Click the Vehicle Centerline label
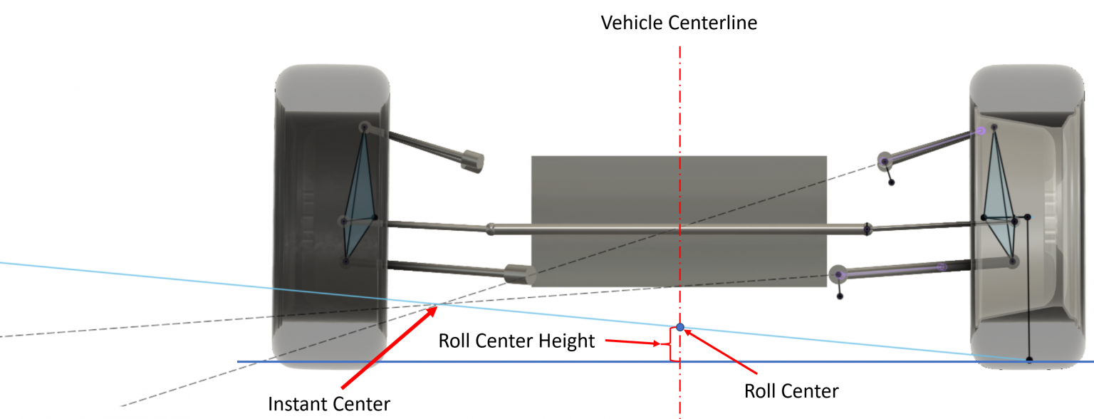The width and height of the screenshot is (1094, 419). [679, 23]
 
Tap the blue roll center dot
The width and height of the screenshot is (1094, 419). [680, 327]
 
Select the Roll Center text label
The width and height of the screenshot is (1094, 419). [791, 390]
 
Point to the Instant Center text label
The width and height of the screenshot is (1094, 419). [329, 404]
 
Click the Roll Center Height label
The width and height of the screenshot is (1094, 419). [516, 341]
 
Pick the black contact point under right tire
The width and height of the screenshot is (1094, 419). [1029, 360]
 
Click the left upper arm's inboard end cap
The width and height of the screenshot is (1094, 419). [472, 160]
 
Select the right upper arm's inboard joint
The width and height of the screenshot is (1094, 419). [885, 162]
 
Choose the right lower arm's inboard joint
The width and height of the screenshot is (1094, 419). [839, 274]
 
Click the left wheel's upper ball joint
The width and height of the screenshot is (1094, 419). [364, 127]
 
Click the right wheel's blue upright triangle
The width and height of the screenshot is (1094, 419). [1001, 200]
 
